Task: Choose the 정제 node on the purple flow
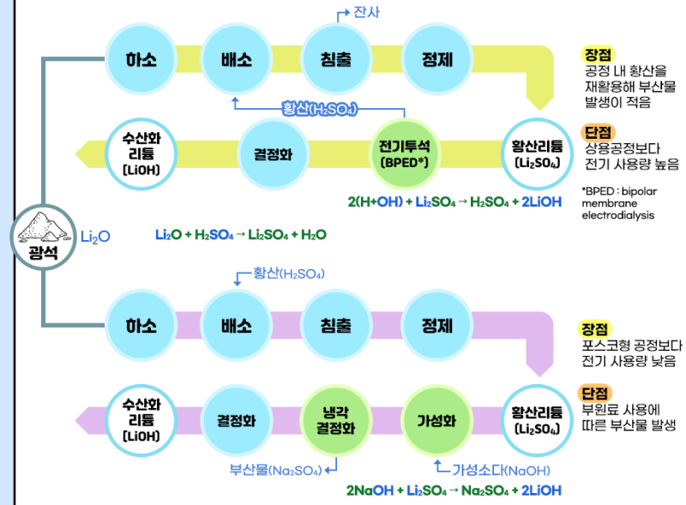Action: [x=437, y=326]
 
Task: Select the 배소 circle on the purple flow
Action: [x=236, y=326]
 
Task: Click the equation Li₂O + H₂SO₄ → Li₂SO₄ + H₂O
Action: [x=240, y=234]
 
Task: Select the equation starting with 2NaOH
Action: [x=454, y=490]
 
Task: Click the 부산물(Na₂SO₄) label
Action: [x=274, y=470]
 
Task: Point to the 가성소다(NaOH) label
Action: [x=501, y=470]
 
